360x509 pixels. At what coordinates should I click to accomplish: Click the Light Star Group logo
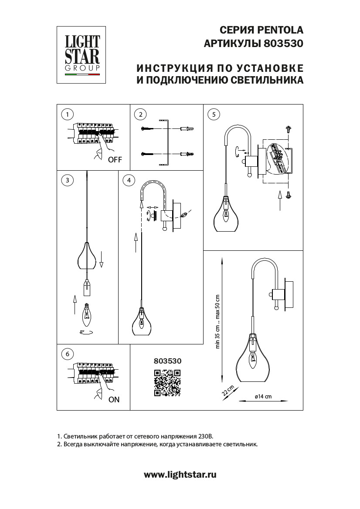pos(82,54)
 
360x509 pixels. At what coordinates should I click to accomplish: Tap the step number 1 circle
pos(67,115)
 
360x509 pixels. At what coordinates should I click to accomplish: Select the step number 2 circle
pos(140,115)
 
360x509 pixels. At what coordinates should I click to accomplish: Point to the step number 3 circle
pos(67,180)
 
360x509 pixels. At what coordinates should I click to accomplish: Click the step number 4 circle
pos(129,180)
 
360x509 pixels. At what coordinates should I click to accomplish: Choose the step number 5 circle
pos(213,115)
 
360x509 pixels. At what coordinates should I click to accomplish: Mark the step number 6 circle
pos(67,354)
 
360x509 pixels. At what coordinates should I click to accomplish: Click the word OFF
pos(115,160)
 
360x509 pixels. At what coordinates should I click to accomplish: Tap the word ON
pos(114,399)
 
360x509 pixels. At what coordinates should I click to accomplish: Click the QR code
pos(167,383)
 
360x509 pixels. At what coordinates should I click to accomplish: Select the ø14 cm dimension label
pos(263,397)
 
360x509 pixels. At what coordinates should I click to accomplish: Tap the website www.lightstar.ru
pos(180,475)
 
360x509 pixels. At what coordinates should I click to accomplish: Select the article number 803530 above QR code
pos(167,361)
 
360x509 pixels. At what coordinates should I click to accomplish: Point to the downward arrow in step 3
pos(101,260)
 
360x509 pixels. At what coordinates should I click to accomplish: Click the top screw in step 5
pos(288,129)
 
